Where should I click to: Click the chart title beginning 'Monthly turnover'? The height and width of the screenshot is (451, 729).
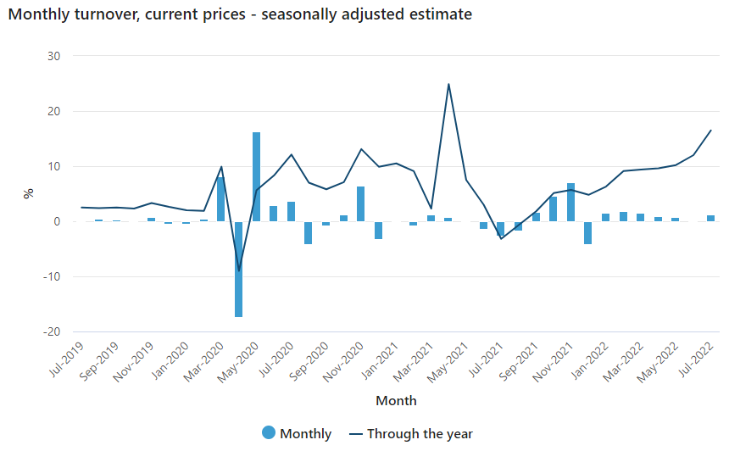pyautogui.click(x=240, y=14)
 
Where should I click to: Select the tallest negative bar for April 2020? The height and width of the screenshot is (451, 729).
pyautogui.click(x=239, y=269)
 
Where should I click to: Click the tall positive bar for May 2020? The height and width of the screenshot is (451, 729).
pyautogui.click(x=256, y=176)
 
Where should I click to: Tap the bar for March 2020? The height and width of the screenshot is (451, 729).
pyautogui.click(x=221, y=199)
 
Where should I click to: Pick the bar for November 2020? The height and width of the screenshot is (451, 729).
pyautogui.click(x=361, y=204)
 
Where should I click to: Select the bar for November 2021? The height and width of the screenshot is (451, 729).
pyautogui.click(x=570, y=203)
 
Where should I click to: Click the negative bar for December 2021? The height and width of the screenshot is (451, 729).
pyautogui.click(x=588, y=232)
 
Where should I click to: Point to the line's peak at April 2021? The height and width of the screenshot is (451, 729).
pyautogui.click(x=448, y=84)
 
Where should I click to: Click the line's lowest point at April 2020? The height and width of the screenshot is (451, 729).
pyautogui.click(x=239, y=270)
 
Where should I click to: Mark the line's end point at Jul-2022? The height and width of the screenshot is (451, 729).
pyautogui.click(x=710, y=131)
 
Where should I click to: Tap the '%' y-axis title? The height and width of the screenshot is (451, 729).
pyautogui.click(x=29, y=193)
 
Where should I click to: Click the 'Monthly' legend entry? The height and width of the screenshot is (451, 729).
pyautogui.click(x=297, y=434)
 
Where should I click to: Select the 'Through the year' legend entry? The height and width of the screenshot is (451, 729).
pyautogui.click(x=410, y=434)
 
